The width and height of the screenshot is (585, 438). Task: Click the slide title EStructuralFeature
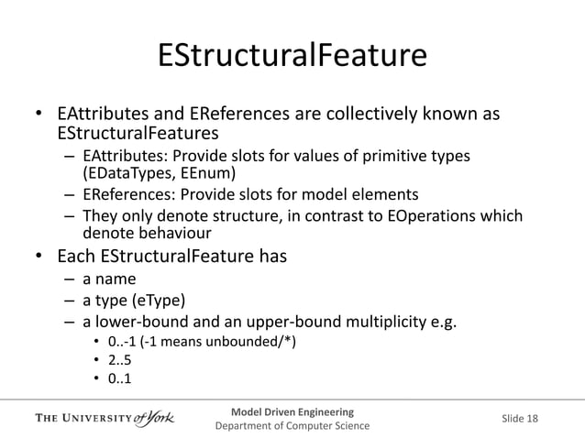[x=292, y=55]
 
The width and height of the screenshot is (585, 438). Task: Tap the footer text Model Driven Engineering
[x=292, y=410]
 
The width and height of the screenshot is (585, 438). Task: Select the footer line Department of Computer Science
[x=292, y=426]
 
